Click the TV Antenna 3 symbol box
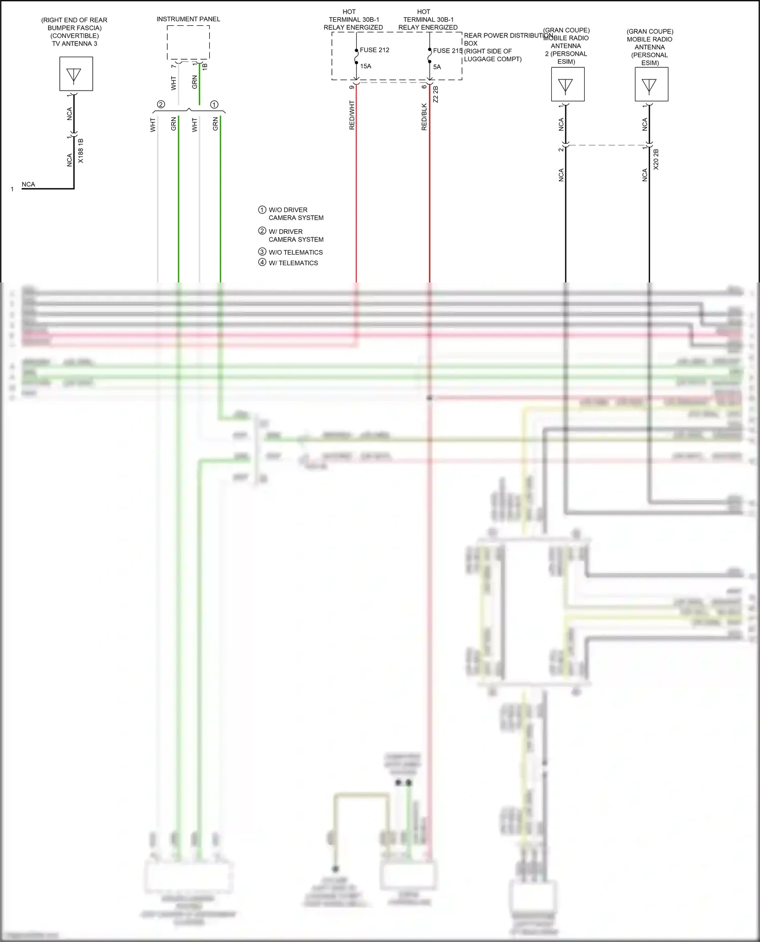click(76, 74)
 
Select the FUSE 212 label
click(374, 50)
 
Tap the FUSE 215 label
click(447, 51)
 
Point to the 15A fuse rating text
click(366, 66)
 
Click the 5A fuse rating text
click(437, 67)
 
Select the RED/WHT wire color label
click(352, 115)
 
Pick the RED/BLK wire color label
click(425, 117)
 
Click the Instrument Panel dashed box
click(188, 43)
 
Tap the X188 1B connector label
click(81, 151)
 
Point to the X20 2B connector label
click(656, 159)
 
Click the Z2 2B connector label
click(436, 95)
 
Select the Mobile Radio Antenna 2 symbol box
click(568, 85)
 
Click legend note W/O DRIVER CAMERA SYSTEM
click(295, 214)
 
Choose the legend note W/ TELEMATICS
click(293, 263)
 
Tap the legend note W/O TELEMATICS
click(295, 252)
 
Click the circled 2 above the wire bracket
click(161, 105)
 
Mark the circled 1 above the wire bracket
click(214, 105)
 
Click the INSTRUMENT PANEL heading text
click(188, 19)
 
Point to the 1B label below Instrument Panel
click(205, 66)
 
